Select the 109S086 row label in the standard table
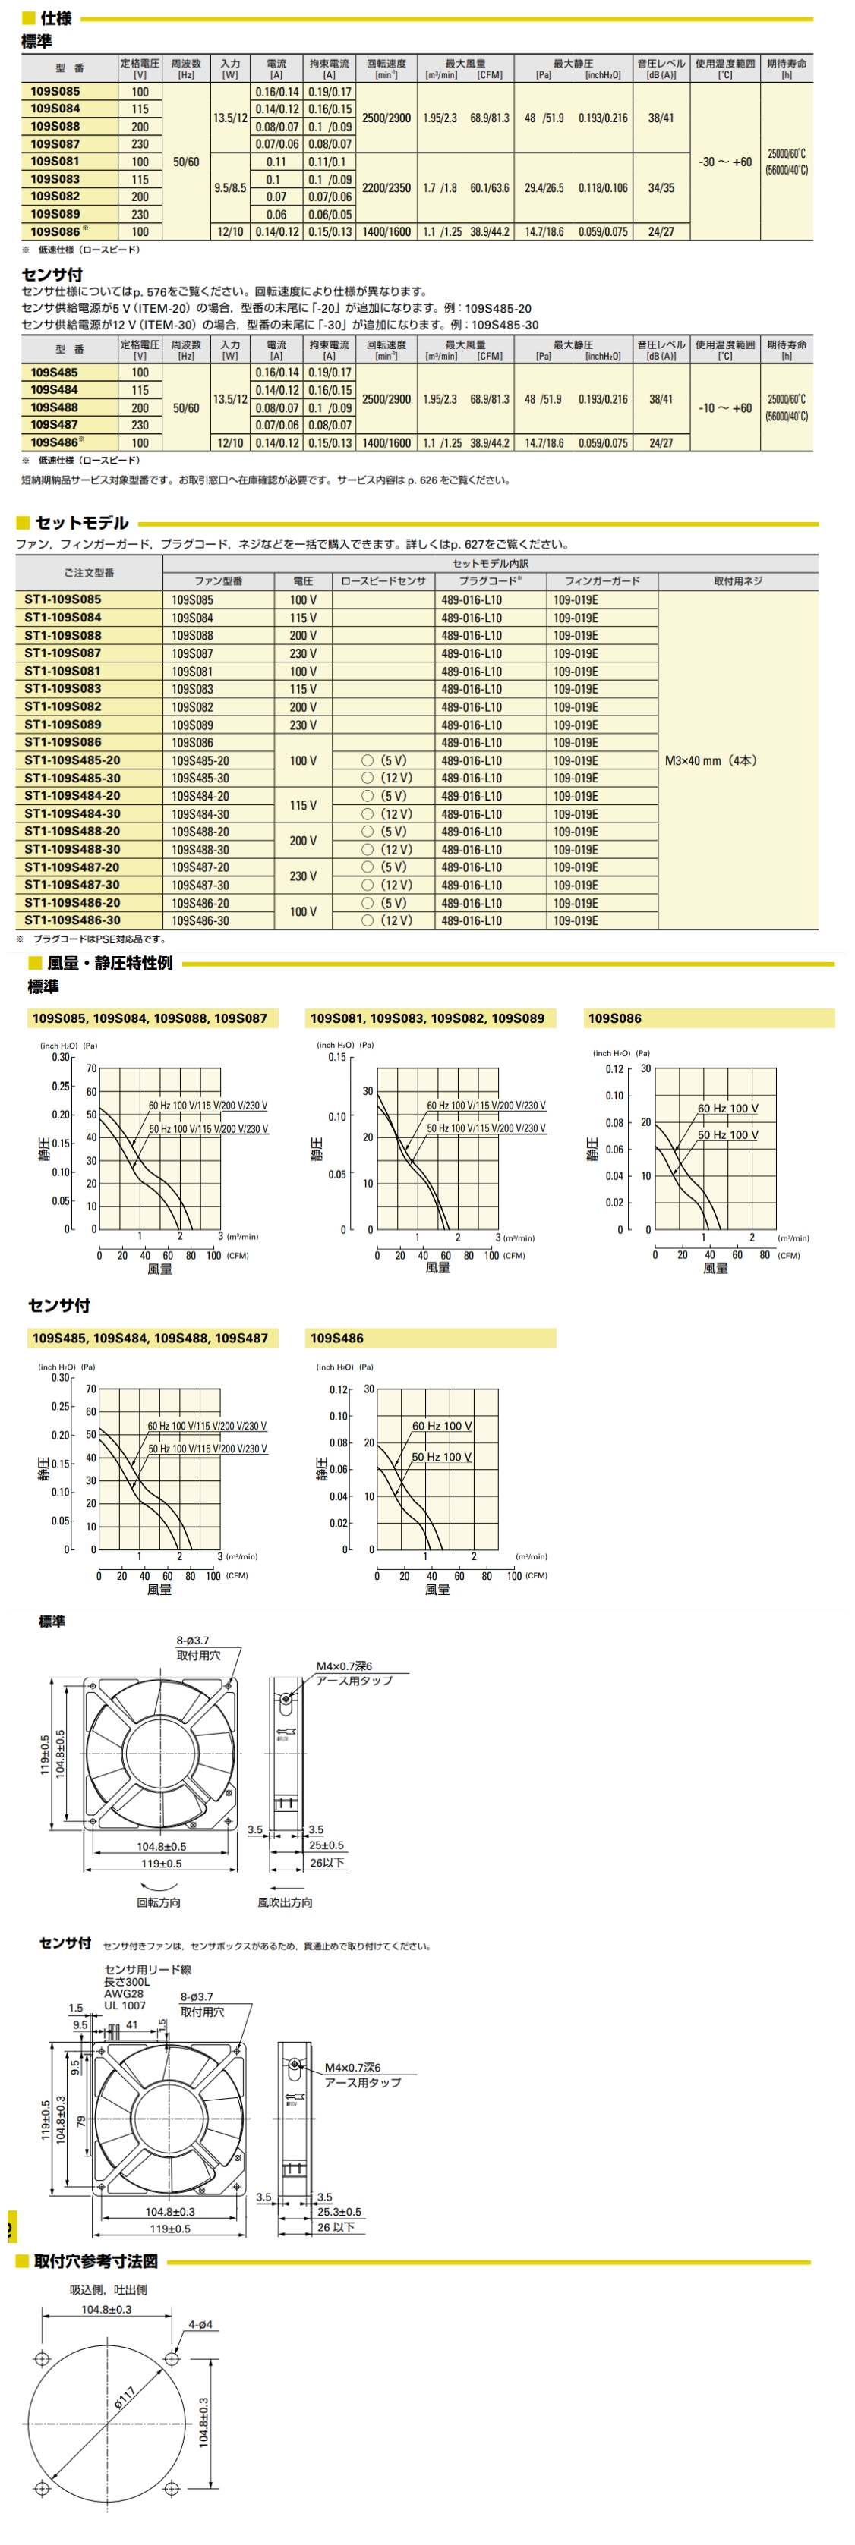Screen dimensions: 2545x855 (x=55, y=232)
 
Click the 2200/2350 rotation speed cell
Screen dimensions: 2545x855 (x=386, y=187)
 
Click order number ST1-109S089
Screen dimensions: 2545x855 (x=62, y=724)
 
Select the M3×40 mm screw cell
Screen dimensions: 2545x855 (x=711, y=761)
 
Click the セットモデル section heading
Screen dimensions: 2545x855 (x=81, y=523)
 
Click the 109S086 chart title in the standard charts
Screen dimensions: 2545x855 (x=615, y=1018)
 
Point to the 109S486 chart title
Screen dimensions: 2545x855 (x=337, y=1339)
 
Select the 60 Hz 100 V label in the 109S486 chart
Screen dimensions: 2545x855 (x=442, y=1426)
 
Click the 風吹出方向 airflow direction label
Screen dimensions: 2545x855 (x=285, y=1902)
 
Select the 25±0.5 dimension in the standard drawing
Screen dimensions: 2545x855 (x=327, y=1845)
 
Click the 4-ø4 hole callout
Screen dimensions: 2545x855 (x=199, y=2325)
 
